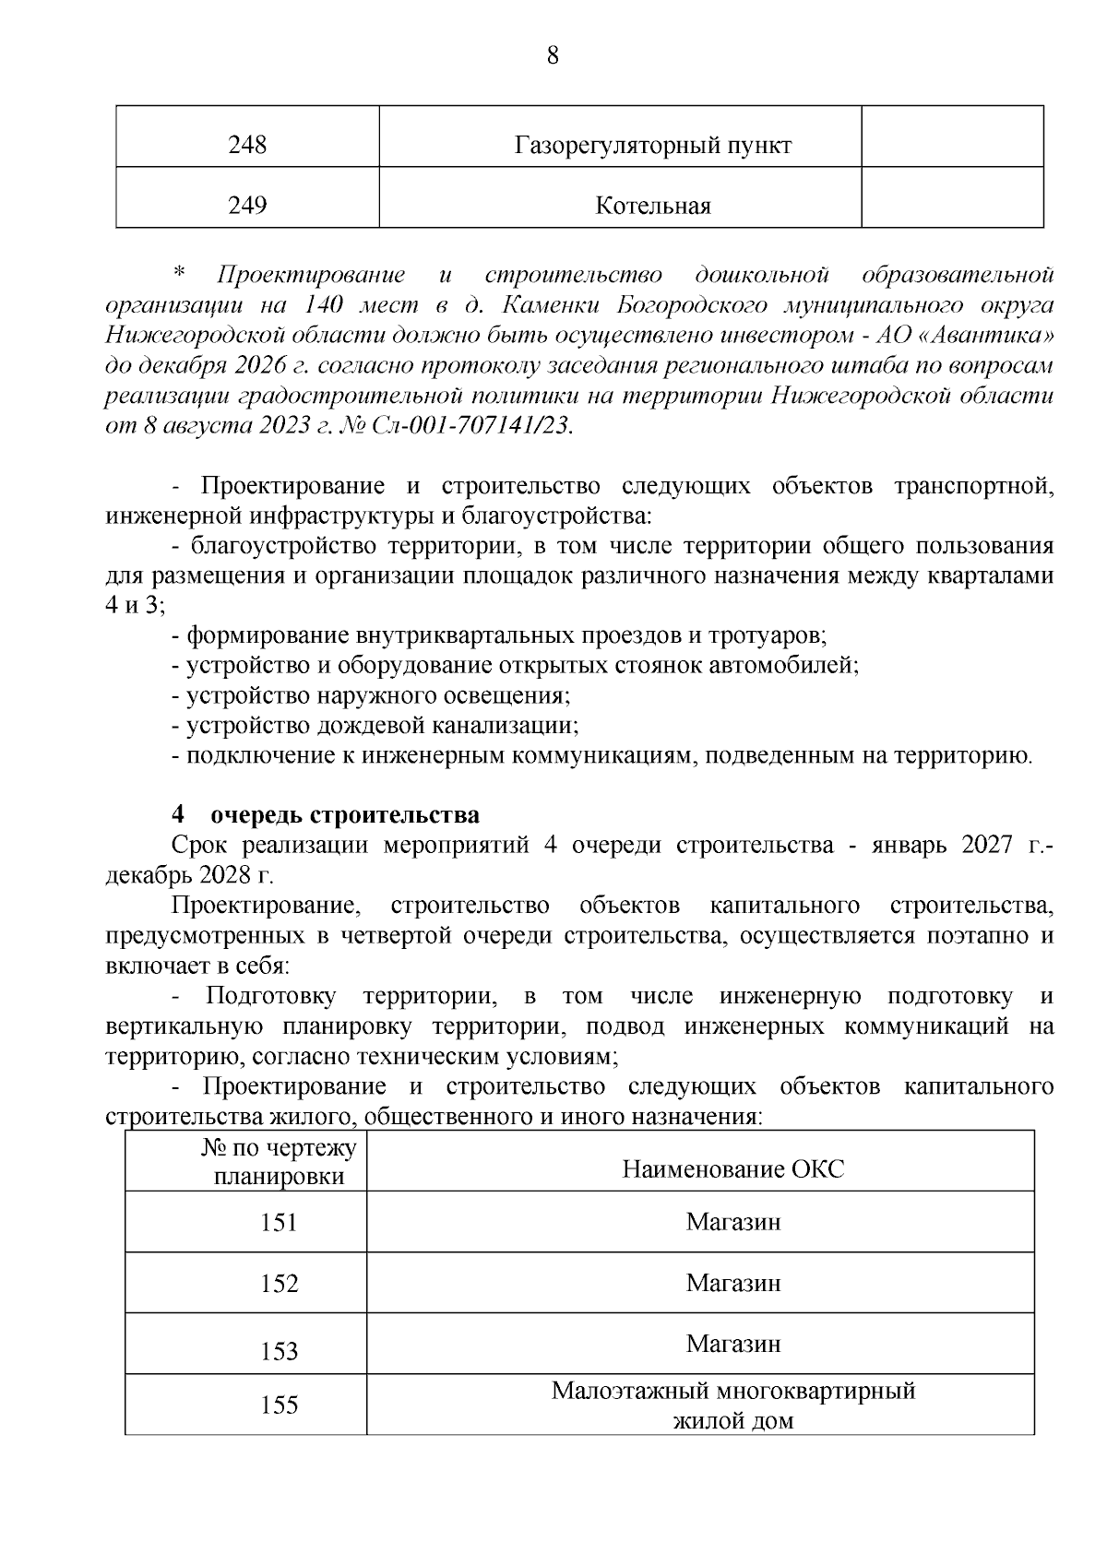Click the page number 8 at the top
[553, 55]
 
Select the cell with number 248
[247, 146]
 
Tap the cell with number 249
[247, 205]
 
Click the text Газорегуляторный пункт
[653, 146]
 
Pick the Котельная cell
[653, 205]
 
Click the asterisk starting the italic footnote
[179, 274]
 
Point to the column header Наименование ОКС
[732, 1169]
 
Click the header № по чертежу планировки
[279, 1162]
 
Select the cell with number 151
[279, 1223]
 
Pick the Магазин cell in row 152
[732, 1283]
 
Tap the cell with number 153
[279, 1351]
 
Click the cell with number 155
[279, 1405]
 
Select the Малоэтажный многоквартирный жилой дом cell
[732, 1405]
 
